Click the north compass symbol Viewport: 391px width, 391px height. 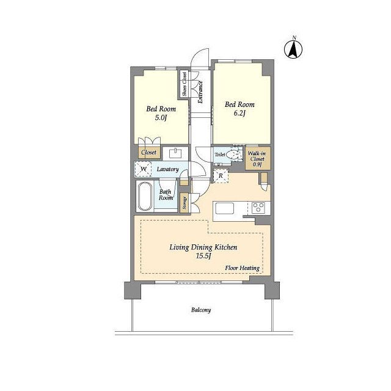(x=293, y=49)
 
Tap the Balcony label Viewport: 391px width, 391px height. (x=201, y=310)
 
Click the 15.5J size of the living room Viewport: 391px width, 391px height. (x=203, y=256)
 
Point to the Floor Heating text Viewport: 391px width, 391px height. (x=242, y=268)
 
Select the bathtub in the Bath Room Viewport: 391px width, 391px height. (x=145, y=197)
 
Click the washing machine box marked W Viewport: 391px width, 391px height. (x=143, y=169)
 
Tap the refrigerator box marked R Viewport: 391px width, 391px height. (x=221, y=176)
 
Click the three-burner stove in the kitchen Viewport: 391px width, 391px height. (x=258, y=208)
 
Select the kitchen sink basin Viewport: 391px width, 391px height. (x=224, y=208)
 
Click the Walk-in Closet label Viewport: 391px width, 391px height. (x=257, y=159)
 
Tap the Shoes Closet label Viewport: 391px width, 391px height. (x=185, y=84)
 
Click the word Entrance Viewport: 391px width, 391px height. (x=200, y=92)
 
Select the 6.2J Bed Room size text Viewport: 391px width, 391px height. (x=239, y=114)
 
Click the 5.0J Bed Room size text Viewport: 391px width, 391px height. (x=161, y=117)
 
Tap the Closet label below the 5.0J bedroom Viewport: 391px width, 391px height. (x=148, y=152)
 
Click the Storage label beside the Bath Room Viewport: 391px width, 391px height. (x=185, y=203)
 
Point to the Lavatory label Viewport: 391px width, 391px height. (x=167, y=169)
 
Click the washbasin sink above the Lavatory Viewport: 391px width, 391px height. (x=175, y=153)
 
